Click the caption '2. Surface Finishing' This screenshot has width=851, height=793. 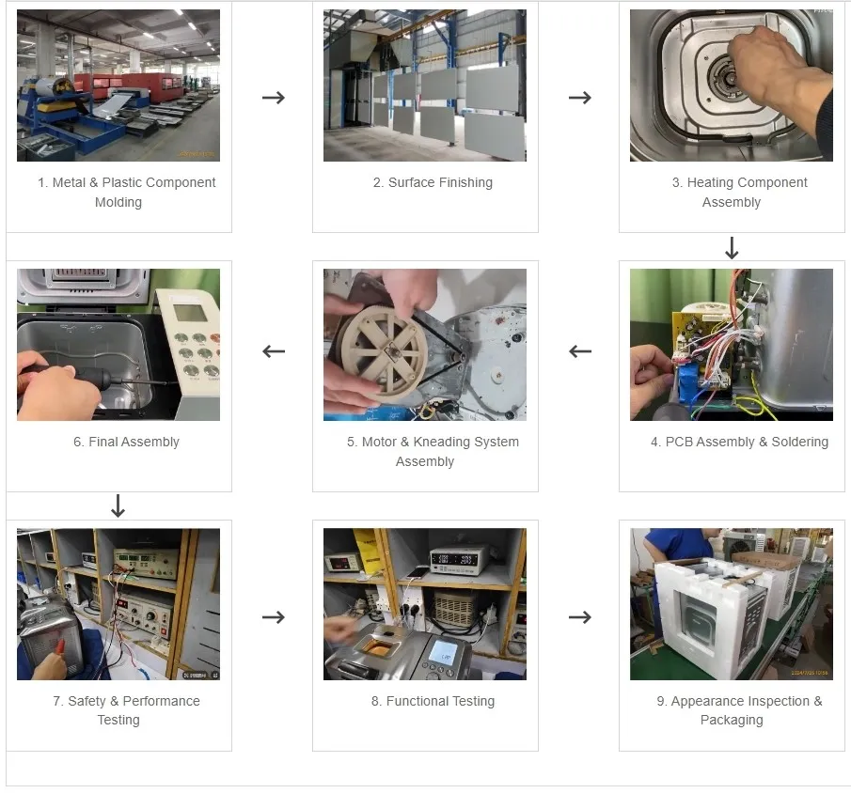433,182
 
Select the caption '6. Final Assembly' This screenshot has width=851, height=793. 126,442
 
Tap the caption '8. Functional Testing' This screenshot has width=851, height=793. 433,701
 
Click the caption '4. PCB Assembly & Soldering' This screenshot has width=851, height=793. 739,442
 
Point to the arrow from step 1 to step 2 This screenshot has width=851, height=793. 273,98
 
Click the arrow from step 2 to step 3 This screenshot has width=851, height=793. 579,98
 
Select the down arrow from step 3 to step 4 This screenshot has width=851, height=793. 732,248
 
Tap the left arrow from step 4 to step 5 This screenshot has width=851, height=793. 579,351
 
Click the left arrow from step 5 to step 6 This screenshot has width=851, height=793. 273,351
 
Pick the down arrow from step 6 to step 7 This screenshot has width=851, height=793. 118,506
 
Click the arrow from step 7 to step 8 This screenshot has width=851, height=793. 273,617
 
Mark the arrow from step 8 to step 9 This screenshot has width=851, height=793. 579,617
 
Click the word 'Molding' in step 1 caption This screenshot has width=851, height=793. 118,202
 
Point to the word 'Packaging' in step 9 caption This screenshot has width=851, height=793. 732,720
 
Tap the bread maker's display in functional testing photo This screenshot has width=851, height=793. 442,650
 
